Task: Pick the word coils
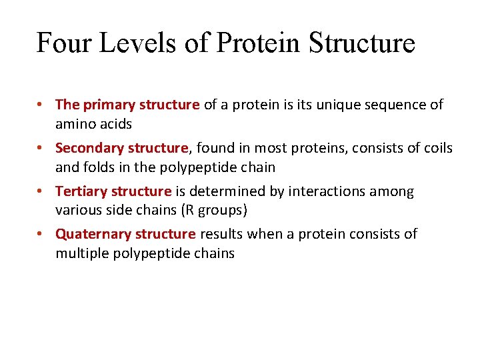tap(437, 148)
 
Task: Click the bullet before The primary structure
tap(41, 105)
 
